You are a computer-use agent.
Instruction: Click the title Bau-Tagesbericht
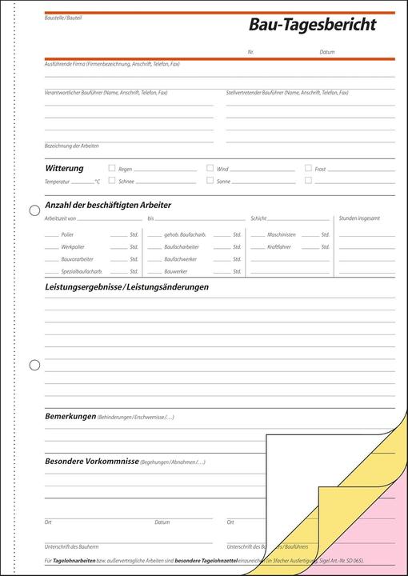[312, 26]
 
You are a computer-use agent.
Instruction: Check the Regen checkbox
[112, 169]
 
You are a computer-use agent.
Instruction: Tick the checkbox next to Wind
[210, 169]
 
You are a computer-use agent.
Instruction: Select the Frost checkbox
[308, 169]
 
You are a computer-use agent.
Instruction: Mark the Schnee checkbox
[112, 181]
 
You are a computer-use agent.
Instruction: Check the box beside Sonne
[210, 181]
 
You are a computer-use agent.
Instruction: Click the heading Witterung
[64, 168]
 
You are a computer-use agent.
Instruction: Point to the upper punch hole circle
[34, 210]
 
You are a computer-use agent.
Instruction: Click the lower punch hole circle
[34, 366]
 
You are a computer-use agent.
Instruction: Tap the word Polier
[67, 234]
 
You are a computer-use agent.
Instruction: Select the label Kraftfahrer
[279, 247]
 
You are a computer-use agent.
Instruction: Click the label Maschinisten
[282, 234]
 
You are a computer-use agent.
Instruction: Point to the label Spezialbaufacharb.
[77, 272]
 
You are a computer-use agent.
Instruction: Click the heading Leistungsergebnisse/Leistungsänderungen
[127, 286]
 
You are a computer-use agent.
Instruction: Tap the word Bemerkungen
[70, 417]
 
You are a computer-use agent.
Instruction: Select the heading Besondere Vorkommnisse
[91, 462]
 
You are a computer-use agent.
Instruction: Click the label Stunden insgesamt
[359, 218]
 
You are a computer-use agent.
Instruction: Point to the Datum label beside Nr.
[327, 51]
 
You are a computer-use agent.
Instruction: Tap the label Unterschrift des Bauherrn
[70, 546]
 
